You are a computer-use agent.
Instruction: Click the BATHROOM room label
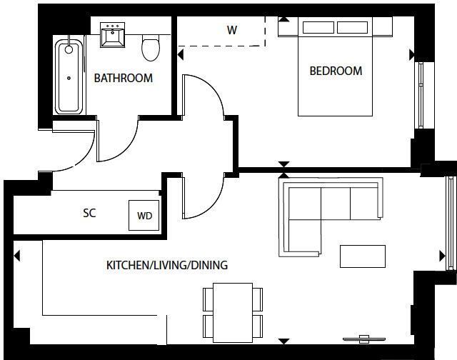123,78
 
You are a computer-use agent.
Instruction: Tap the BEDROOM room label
335,71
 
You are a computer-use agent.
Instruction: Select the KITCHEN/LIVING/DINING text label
166,265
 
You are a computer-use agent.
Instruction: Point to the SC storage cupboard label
89,213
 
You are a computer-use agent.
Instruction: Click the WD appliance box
144,215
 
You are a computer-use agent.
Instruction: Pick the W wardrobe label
231,30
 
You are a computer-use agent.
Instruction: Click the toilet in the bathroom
151,48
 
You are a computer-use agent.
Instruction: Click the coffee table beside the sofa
363,256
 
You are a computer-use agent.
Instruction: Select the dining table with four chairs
233,311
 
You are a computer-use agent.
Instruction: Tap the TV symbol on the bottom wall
364,338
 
